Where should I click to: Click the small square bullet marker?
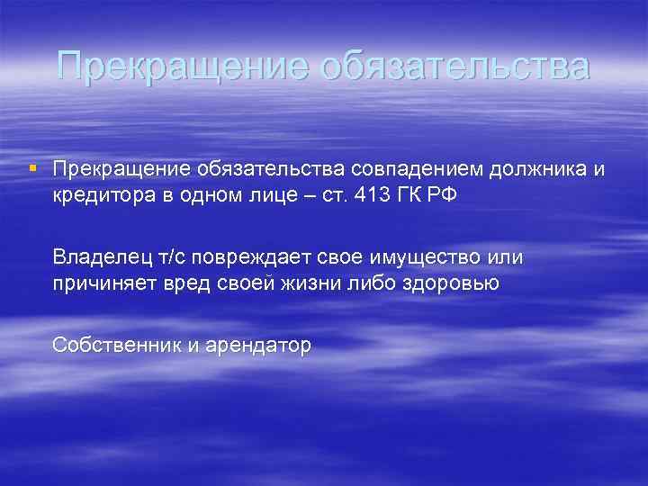coord(33,168)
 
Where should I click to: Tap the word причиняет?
coord(103,284)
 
